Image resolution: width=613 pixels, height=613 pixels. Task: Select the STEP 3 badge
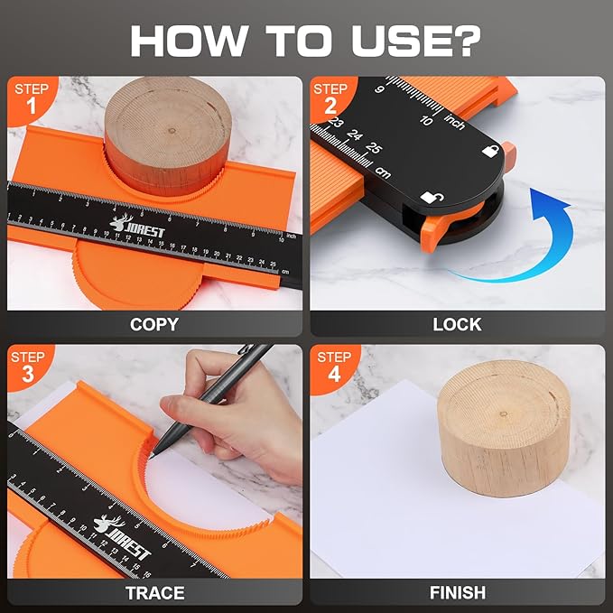pos(28,367)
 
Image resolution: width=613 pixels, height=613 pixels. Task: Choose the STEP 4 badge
pos(332,367)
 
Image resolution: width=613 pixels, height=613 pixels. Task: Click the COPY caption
pos(153,324)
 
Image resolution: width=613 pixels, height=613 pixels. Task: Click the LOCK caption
pos(457,324)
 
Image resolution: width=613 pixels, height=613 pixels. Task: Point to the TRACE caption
pos(153,592)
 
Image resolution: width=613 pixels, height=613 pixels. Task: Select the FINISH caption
pos(457,592)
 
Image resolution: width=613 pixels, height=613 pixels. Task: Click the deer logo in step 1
pos(120,222)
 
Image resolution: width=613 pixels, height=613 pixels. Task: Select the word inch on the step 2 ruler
pos(454,122)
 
